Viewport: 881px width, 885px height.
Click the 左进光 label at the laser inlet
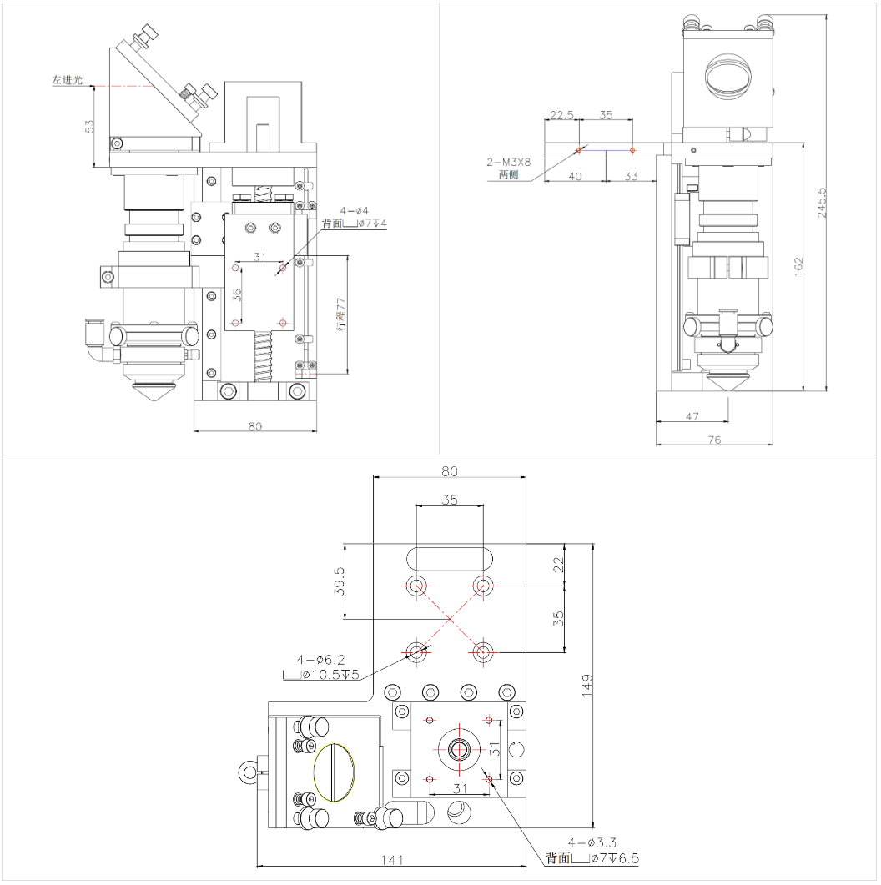68,80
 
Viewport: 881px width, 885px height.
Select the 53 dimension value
90,127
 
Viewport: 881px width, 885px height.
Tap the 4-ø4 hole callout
354,211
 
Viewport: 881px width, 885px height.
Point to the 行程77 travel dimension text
340,314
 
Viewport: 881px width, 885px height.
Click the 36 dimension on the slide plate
236,294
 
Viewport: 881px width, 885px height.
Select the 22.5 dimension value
561,115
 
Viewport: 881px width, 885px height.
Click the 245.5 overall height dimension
822,203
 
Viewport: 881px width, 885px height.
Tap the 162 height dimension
798,266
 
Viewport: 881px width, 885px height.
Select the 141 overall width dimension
392,859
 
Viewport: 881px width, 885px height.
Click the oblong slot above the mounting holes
450,556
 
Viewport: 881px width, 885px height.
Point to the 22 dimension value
559,565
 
